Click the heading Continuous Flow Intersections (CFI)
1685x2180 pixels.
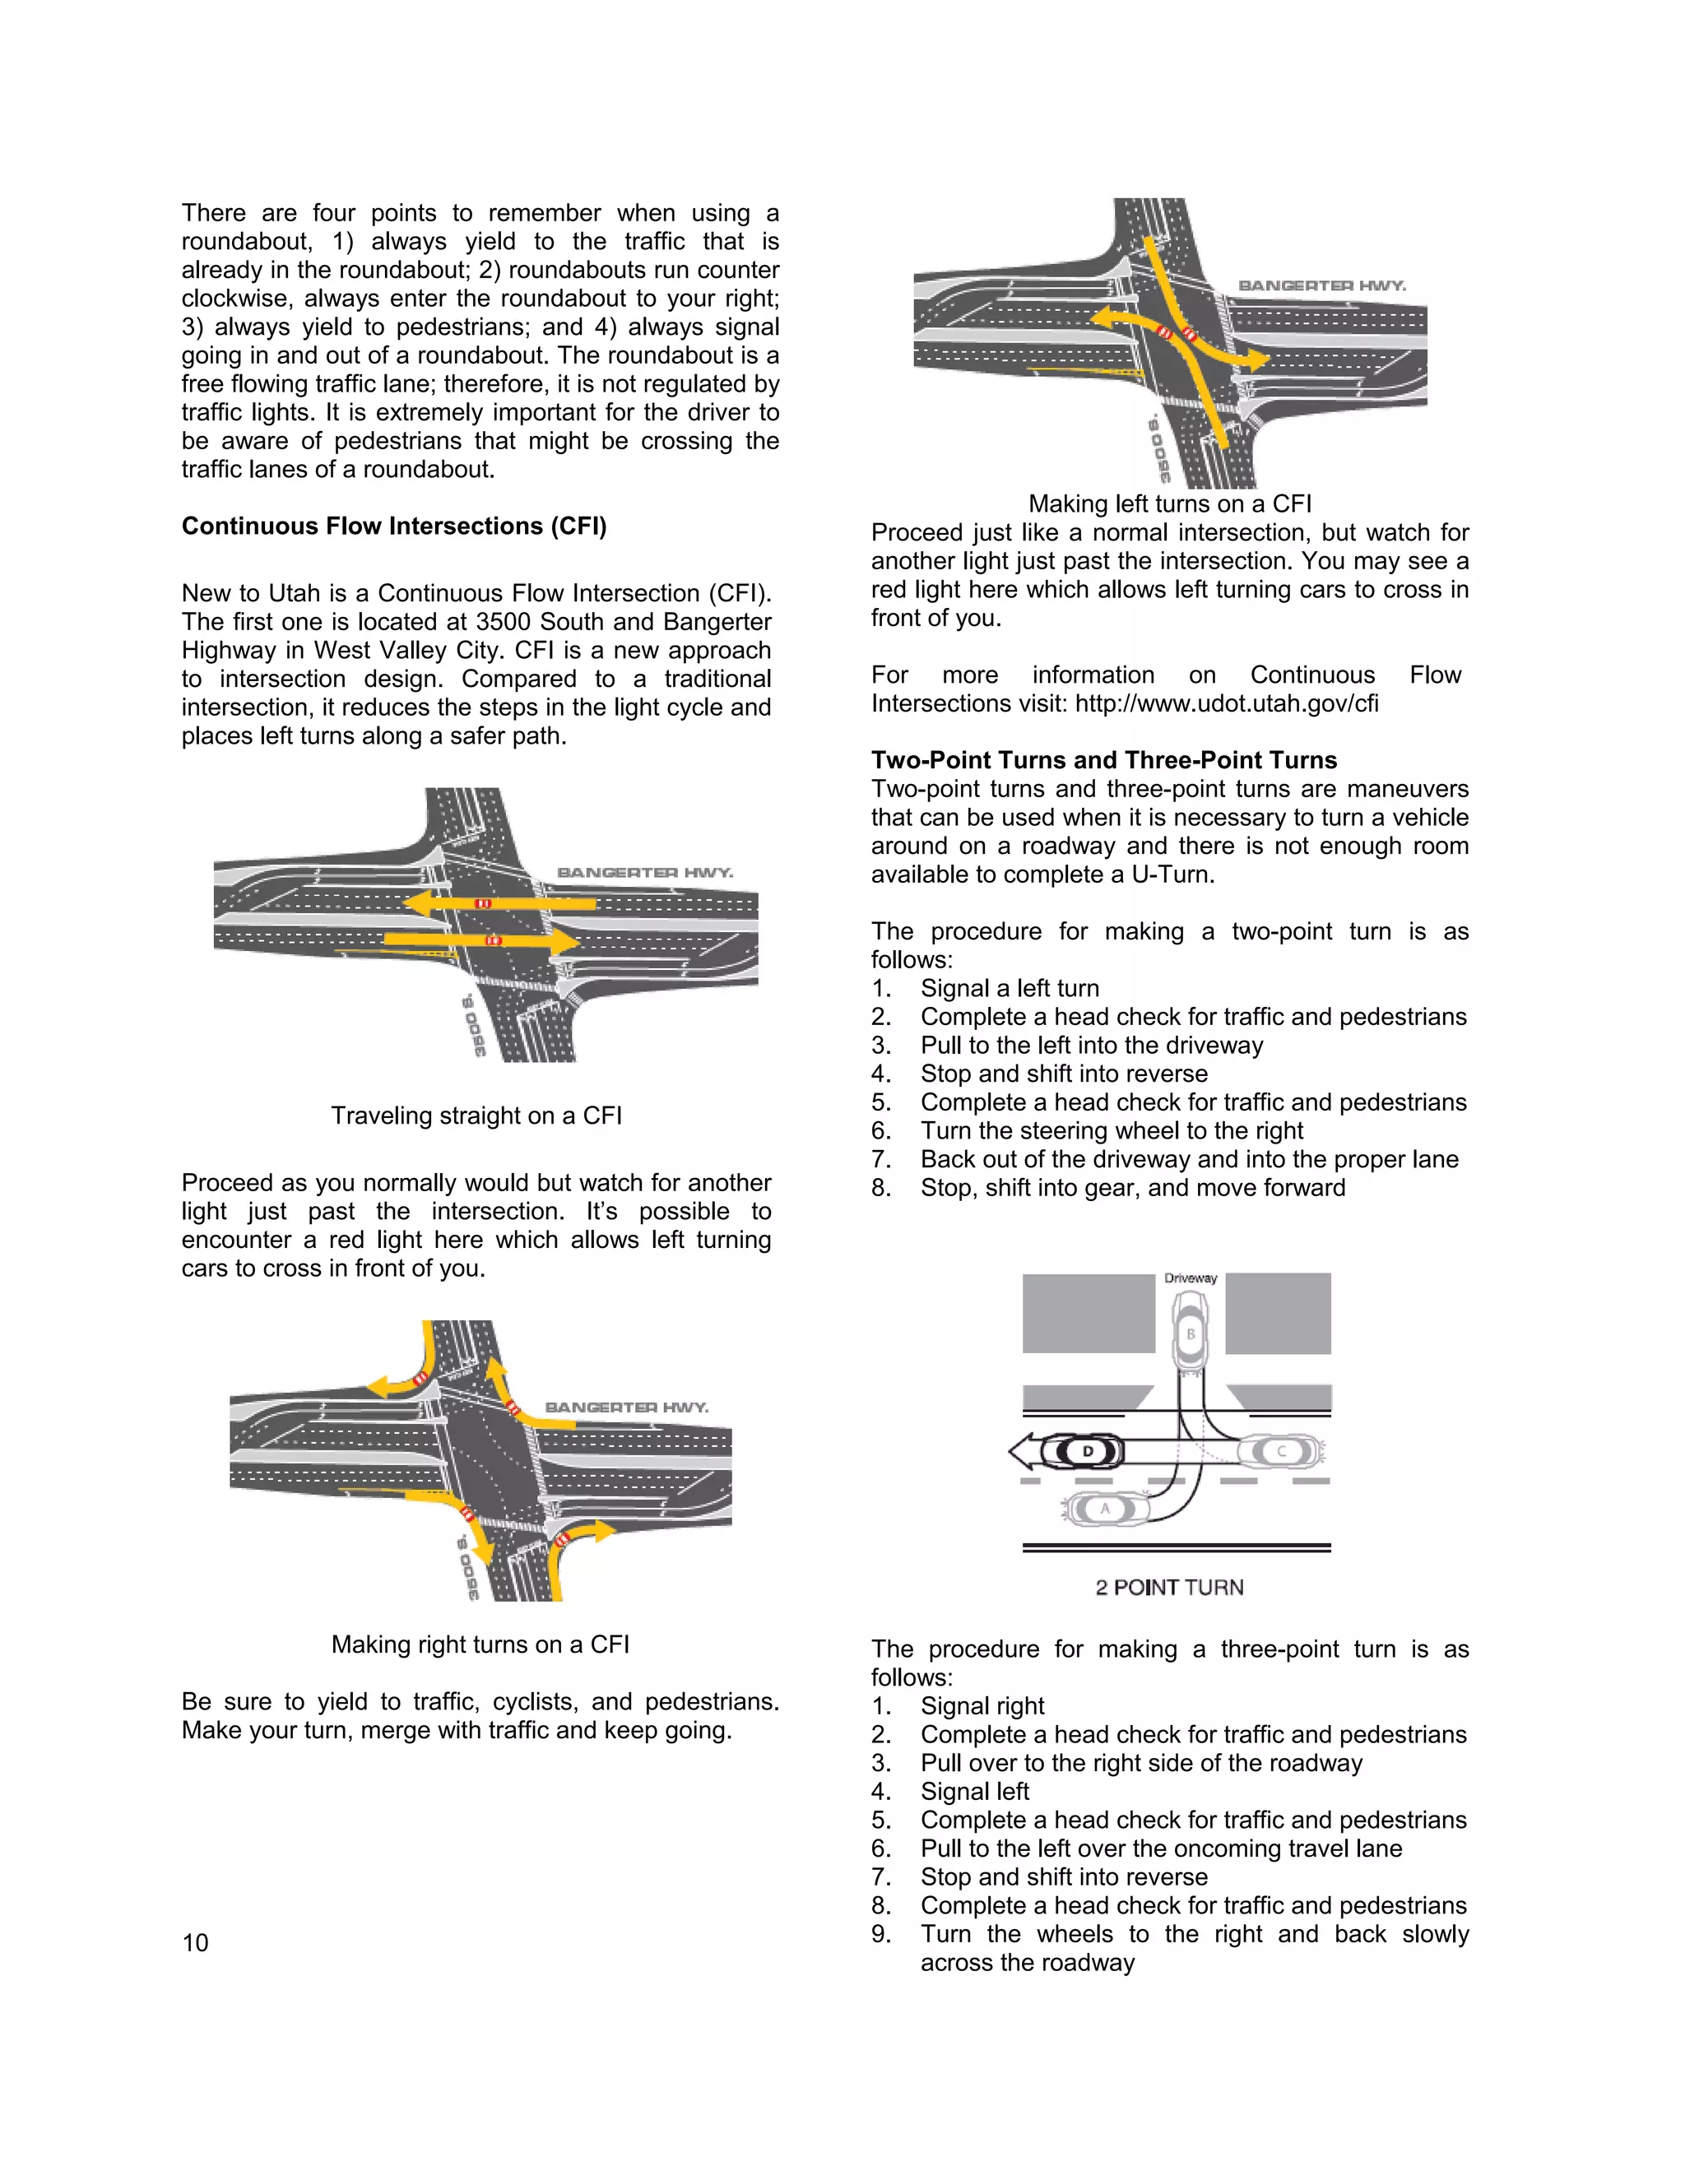click(393, 526)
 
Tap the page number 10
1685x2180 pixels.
click(196, 1942)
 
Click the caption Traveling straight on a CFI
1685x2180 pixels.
click(476, 1115)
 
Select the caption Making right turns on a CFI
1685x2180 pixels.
click(480, 1644)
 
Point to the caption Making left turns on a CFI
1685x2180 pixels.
click(1170, 503)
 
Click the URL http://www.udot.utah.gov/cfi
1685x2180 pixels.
click(1226, 703)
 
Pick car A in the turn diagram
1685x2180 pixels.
click(1104, 1510)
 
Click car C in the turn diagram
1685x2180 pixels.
click(1281, 1451)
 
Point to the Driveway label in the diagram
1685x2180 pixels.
click(1190, 1278)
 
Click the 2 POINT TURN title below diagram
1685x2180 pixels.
click(1169, 1587)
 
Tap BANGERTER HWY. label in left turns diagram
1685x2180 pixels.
click(1321, 285)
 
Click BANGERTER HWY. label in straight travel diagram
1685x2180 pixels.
click(645, 872)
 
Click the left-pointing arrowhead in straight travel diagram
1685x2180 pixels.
click(417, 903)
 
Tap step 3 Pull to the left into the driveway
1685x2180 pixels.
click(1091, 1045)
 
